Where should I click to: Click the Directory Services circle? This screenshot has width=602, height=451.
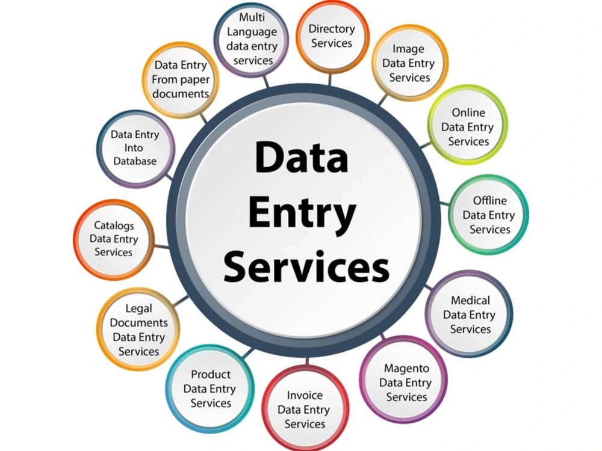point(332,37)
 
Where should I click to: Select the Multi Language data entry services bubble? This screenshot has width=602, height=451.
point(252,39)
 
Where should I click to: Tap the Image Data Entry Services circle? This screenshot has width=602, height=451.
point(409,63)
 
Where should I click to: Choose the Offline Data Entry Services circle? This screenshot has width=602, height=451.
point(488,215)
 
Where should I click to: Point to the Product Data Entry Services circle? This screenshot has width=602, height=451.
point(209,388)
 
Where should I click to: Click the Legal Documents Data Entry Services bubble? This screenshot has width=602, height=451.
point(138,329)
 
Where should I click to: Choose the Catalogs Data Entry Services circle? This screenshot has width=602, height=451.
point(114,239)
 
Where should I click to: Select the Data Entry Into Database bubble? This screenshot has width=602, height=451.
point(135,149)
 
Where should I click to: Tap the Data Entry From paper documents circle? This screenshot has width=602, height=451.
point(181,80)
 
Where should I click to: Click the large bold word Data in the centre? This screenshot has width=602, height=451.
point(302,157)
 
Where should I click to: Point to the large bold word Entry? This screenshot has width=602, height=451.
point(302,213)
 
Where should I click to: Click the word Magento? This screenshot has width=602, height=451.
point(406,369)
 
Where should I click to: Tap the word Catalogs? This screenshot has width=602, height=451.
point(114,226)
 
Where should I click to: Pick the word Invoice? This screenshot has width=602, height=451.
point(305,395)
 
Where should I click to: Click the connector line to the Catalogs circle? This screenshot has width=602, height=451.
point(161,246)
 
